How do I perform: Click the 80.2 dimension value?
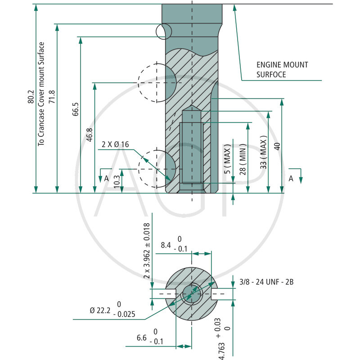[30, 97]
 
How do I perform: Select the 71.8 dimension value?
[52, 97]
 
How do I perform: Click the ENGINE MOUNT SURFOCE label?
[282, 70]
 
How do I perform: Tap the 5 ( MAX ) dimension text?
[228, 160]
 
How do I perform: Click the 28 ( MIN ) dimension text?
[243, 160]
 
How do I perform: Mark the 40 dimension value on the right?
[277, 146]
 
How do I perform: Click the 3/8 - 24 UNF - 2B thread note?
[266, 282]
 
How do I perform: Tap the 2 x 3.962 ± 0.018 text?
[146, 251]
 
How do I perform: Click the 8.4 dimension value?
[165, 246]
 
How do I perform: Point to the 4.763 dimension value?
[221, 345]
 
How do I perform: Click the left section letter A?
[107, 178]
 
